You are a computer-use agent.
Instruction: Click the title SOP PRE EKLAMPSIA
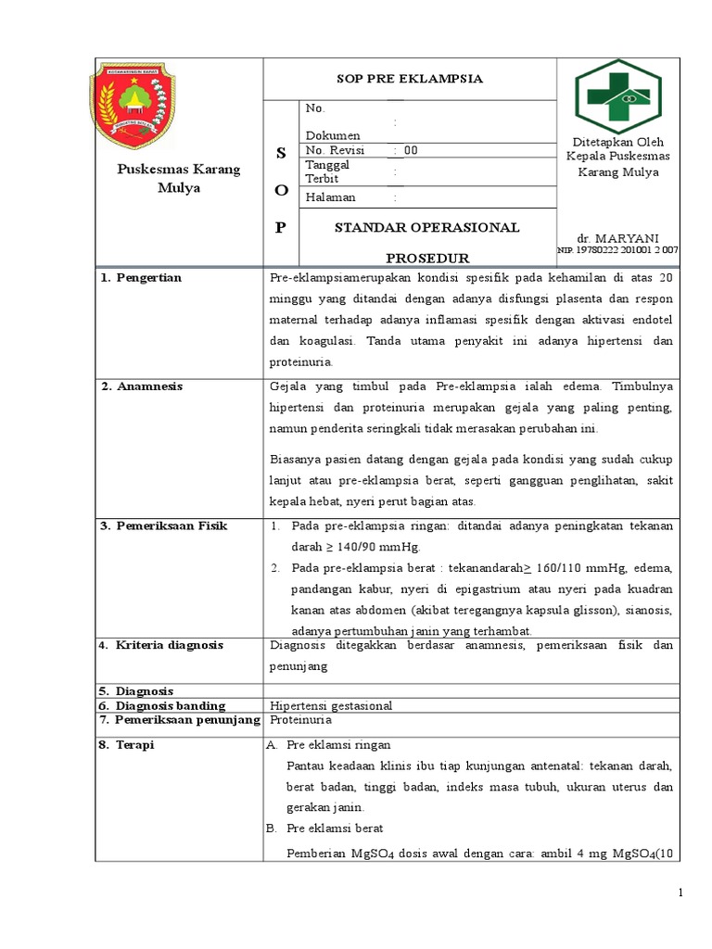point(409,79)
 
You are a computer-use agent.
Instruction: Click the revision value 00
point(411,150)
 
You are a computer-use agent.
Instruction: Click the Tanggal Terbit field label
point(324,171)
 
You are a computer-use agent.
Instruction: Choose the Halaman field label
point(330,197)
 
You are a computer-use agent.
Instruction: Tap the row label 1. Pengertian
point(141,278)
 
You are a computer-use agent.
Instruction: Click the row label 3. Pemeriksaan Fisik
point(163,525)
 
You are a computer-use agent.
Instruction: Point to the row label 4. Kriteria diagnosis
point(161,645)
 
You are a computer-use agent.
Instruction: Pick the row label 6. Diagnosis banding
point(162,705)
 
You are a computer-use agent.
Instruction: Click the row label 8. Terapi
point(128,744)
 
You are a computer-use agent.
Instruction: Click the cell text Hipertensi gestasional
point(331,705)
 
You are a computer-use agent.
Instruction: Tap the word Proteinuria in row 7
point(300,719)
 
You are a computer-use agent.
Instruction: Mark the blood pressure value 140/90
point(346,547)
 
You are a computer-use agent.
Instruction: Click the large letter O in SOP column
point(281,190)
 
